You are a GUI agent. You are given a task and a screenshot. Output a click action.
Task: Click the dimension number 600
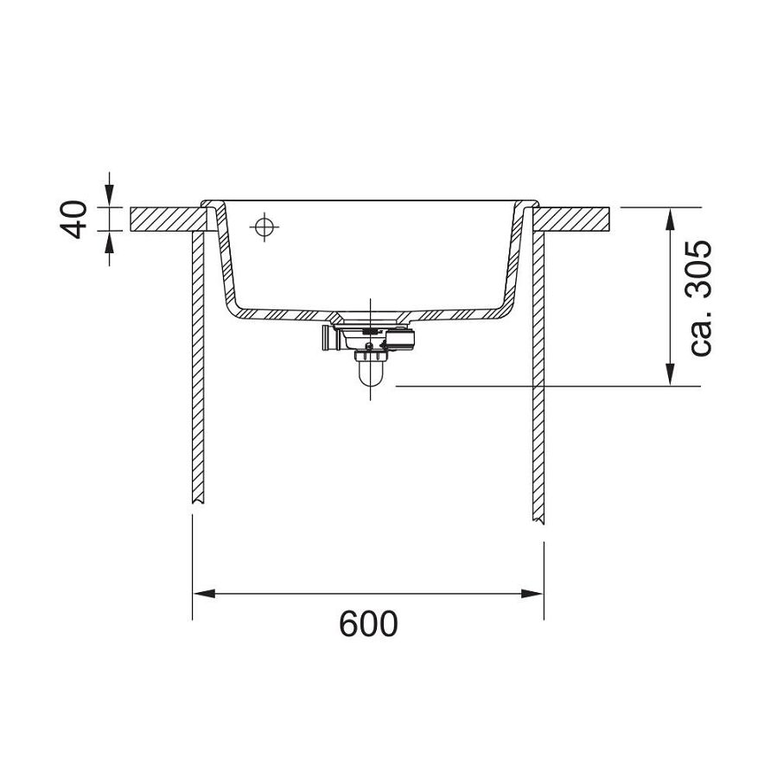point(368,623)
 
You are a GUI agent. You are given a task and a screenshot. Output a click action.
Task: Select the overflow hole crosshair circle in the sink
point(264,227)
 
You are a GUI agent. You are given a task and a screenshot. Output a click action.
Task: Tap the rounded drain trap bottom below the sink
point(370,376)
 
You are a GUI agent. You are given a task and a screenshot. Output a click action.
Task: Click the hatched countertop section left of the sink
point(164,220)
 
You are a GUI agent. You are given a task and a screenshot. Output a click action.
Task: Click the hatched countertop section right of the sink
point(575,220)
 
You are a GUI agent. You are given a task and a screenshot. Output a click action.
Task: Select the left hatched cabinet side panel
point(197,363)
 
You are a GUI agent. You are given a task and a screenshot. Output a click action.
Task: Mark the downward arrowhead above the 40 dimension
point(109,198)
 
